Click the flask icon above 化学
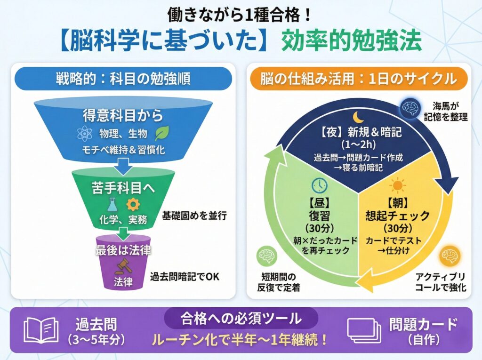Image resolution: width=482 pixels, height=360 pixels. coord(112,204)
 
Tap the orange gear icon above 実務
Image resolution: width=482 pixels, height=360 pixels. coord(133,204)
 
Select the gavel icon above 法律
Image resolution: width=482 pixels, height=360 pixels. coord(122,267)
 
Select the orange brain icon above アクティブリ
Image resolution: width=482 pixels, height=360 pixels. coord(446,257)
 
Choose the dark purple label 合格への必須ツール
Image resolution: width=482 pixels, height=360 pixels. coord(241,319)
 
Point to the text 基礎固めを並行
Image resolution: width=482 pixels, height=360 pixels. coord(195,216)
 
